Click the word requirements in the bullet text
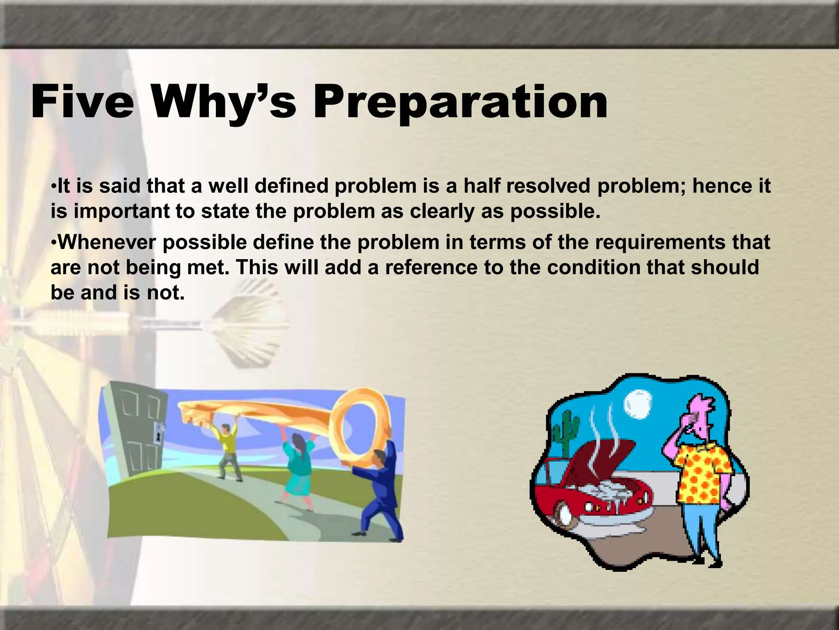tap(660, 242)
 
